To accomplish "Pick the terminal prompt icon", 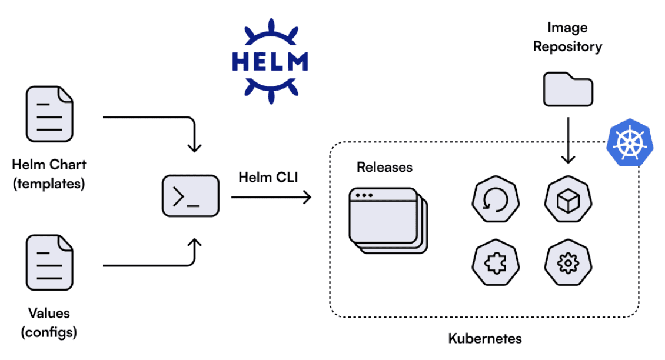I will (x=190, y=196).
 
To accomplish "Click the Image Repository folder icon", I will (x=567, y=89).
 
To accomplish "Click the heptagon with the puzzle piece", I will (x=495, y=264).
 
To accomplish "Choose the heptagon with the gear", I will (x=568, y=264).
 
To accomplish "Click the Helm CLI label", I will (x=268, y=176).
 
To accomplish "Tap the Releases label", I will (x=384, y=167).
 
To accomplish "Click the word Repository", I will (x=567, y=46).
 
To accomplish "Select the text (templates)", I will (x=49, y=184).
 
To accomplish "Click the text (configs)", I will (x=49, y=332).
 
